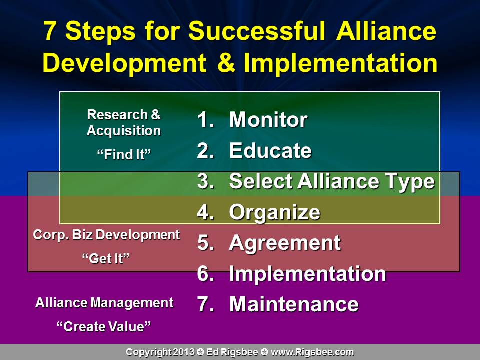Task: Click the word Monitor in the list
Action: [268, 120]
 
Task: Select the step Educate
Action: [270, 151]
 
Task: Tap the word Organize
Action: [274, 212]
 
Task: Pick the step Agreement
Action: [284, 243]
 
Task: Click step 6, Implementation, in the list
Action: [307, 274]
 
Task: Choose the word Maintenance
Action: [293, 304]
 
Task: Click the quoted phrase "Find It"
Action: [124, 154]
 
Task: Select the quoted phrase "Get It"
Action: [106, 258]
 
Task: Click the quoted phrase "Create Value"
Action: [104, 326]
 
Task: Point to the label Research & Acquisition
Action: [124, 123]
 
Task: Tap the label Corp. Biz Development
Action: [106, 235]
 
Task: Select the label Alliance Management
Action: [104, 303]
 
